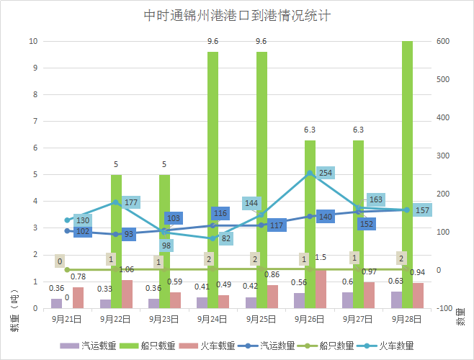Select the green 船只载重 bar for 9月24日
pyautogui.click(x=213, y=180)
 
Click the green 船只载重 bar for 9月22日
pyautogui.click(x=116, y=241)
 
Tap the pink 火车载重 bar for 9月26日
pyautogui.click(x=321, y=289)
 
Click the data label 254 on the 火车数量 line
pyautogui.click(x=326, y=173)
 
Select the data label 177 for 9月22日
pyautogui.click(x=131, y=202)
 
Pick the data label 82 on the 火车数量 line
pyautogui.click(x=226, y=238)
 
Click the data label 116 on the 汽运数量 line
pyautogui.click(x=220, y=213)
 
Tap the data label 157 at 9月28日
pyautogui.click(x=422, y=210)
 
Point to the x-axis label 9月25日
pyautogui.click(x=261, y=318)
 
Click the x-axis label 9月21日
pyautogui.click(x=67, y=318)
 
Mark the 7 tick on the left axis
pyautogui.click(x=35, y=121)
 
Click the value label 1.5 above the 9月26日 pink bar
pyautogui.click(x=321, y=257)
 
